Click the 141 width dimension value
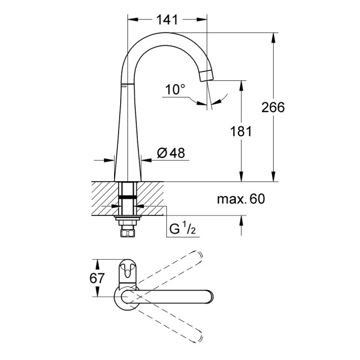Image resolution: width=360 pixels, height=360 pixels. coord(167,19)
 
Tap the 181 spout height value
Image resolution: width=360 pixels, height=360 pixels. coord(241,131)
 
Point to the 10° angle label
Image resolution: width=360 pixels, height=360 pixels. coord(175,89)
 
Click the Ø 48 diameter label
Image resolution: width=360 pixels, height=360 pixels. coord(170,153)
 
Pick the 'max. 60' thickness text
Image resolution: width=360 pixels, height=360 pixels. coord(241,199)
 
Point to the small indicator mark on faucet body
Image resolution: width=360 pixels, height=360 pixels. coord(125,86)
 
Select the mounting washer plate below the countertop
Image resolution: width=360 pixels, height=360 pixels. coord(128,218)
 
